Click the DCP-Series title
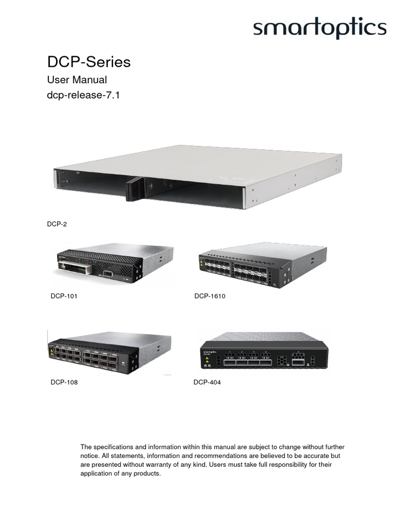(x=89, y=62)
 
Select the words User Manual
(x=77, y=80)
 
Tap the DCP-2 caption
(x=57, y=224)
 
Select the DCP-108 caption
(x=65, y=382)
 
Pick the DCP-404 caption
(x=207, y=382)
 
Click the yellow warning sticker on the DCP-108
(x=52, y=354)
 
